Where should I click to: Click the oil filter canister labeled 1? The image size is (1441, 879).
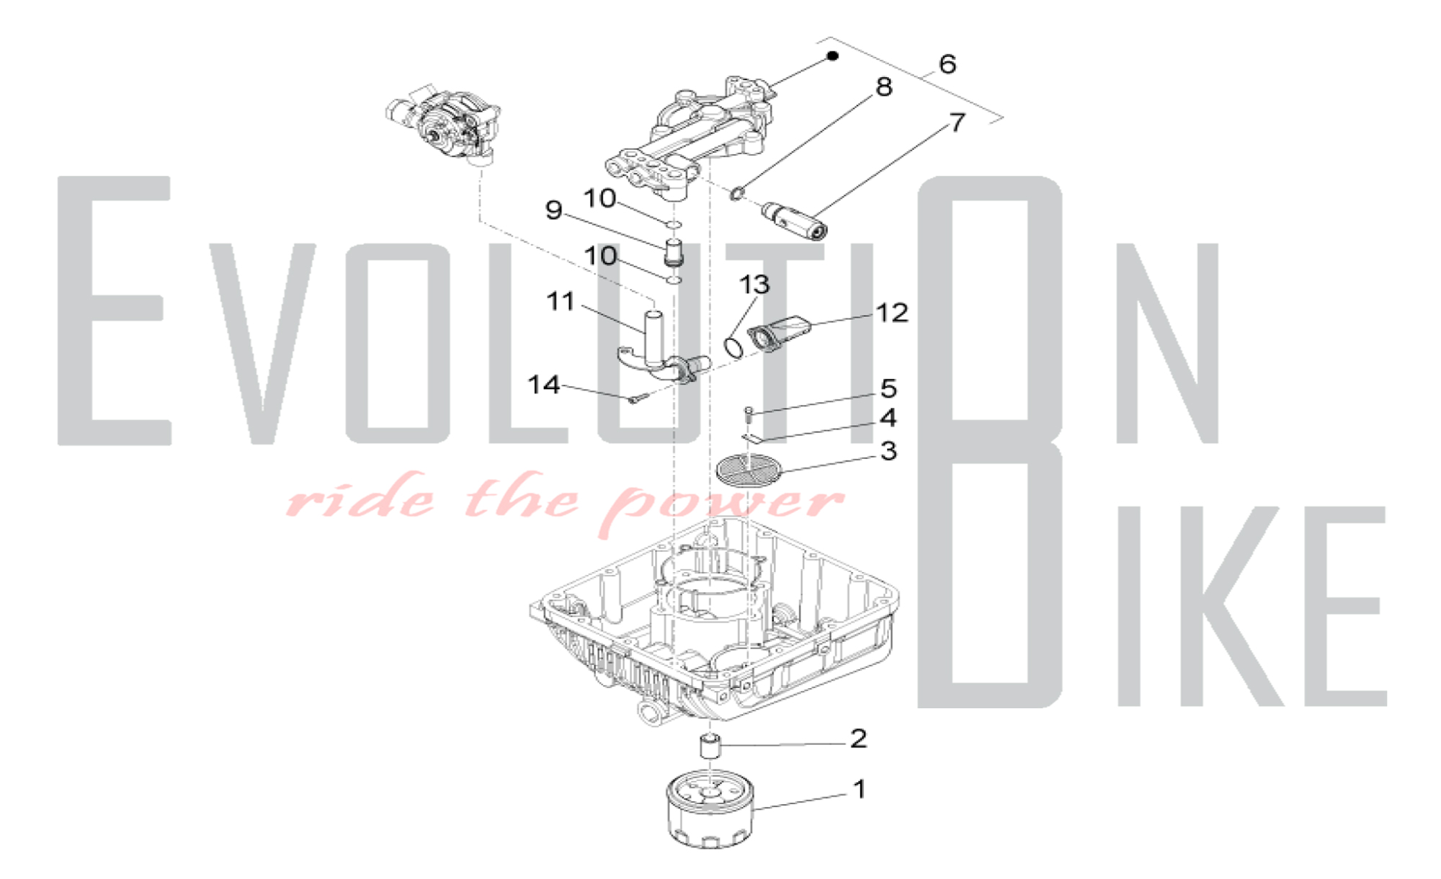click(x=710, y=811)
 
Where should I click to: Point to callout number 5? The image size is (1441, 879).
click(x=888, y=388)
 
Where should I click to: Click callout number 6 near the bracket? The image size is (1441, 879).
click(x=947, y=64)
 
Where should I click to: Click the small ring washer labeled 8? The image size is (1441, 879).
click(x=736, y=193)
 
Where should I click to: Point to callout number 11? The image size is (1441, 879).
click(x=561, y=301)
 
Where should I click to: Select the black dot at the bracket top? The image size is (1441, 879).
click(x=833, y=55)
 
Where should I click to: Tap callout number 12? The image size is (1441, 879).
click(x=892, y=313)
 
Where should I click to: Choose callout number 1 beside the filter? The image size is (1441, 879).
click(x=859, y=790)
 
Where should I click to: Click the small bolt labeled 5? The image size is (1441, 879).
click(x=749, y=413)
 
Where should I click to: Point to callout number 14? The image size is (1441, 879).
click(x=544, y=385)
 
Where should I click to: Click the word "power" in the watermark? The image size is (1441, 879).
click(x=720, y=503)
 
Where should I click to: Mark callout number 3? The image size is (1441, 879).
click(x=888, y=451)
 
